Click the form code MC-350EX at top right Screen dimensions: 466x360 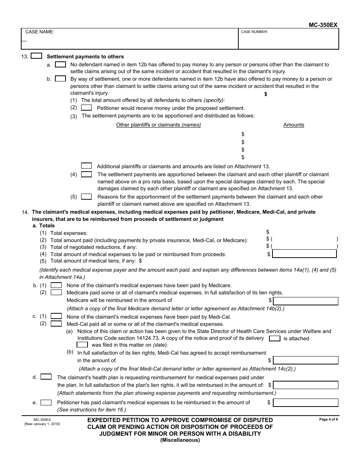[x=323, y=25]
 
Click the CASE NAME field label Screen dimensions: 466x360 [x=39, y=32]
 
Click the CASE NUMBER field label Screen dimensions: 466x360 [x=254, y=32]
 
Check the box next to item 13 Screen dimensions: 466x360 [x=36, y=56]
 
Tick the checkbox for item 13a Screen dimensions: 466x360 [x=60, y=65]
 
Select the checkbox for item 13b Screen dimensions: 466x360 [x=60, y=79]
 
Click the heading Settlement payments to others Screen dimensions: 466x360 [x=85, y=56]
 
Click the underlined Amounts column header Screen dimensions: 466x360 [x=294, y=125]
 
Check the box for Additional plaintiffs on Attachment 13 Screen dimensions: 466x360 [x=86, y=166]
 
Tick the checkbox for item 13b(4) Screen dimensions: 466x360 [x=86, y=174]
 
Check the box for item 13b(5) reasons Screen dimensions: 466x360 [x=86, y=197]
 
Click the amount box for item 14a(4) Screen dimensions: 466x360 [x=304, y=254]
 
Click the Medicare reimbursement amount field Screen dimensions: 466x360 [x=305, y=301]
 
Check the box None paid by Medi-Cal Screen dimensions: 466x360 [x=56, y=316]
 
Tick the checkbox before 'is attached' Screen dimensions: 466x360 [x=274, y=338]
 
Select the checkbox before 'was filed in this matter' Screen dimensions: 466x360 [x=82, y=345]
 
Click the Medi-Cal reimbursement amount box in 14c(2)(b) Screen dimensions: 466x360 [x=305, y=360]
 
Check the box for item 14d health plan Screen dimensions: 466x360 [x=46, y=377]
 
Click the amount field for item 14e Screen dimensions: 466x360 [x=305, y=402]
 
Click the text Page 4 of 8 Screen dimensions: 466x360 [x=328, y=419]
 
